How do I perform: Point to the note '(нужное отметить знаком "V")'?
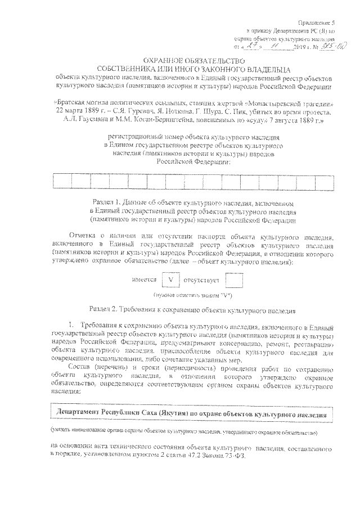(193, 295)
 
